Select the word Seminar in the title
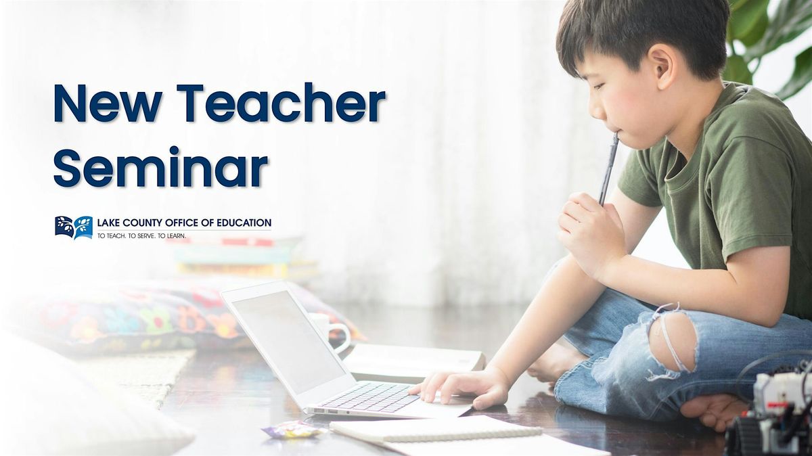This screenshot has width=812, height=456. tap(160, 166)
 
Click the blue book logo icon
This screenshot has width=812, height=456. tap(74, 227)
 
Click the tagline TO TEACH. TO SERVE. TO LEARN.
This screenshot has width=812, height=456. tap(141, 236)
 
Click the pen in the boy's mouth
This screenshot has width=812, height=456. tap(608, 168)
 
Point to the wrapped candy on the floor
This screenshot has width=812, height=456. tap(292, 430)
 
